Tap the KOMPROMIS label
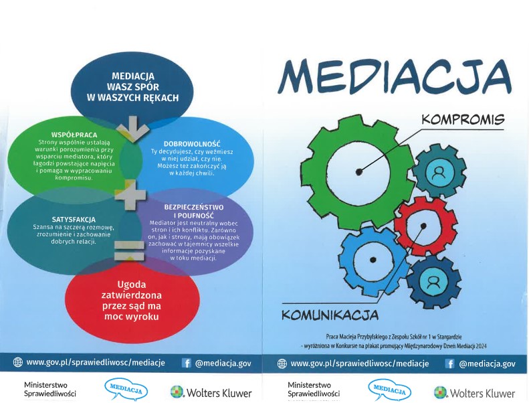pos(463,119)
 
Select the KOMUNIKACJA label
pos(330,315)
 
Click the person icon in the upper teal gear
pos(438,173)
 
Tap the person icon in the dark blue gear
pos(433,283)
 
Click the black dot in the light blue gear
pos(373,260)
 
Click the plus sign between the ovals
pos(130,195)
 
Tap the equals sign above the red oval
pos(129,250)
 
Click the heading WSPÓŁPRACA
pos(74,135)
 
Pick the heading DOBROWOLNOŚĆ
pos(192,143)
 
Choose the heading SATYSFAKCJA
pos(74,220)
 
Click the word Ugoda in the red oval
pos(132,285)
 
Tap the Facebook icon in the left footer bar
pos(186,363)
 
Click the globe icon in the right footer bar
pos(282,364)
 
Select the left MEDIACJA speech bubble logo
pos(126,390)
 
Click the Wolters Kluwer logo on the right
pos(474,393)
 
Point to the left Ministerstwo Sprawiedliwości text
pos(50,389)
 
